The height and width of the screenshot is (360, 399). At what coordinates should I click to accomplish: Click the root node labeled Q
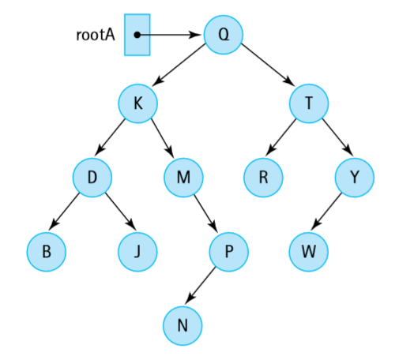[x=223, y=35]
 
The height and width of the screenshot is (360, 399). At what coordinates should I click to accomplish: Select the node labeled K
[x=138, y=104]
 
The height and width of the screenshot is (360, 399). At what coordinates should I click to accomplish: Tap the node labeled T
[x=308, y=104]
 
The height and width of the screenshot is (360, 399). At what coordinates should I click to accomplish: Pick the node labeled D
[x=92, y=178]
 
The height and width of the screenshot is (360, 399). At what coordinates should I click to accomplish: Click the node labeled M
[x=183, y=178]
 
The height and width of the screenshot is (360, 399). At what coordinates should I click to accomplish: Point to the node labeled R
[x=263, y=178]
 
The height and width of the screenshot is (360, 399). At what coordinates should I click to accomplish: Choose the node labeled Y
[x=354, y=178]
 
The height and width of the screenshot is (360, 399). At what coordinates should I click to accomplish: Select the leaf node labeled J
[x=138, y=252]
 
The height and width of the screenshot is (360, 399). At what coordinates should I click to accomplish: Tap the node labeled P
[x=229, y=252]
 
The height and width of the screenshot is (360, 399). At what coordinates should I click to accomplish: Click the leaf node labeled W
[x=308, y=252]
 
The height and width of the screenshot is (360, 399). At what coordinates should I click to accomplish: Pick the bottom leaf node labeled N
[x=183, y=324]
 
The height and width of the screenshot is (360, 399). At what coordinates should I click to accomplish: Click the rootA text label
[x=95, y=35]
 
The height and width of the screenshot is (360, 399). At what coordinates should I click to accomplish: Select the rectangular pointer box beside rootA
[x=137, y=36]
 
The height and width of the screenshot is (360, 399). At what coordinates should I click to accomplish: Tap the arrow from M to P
[x=207, y=215]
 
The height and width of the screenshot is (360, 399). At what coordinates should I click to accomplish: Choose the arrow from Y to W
[x=332, y=215]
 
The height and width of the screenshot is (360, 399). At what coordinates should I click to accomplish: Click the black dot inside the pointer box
[x=137, y=35]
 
